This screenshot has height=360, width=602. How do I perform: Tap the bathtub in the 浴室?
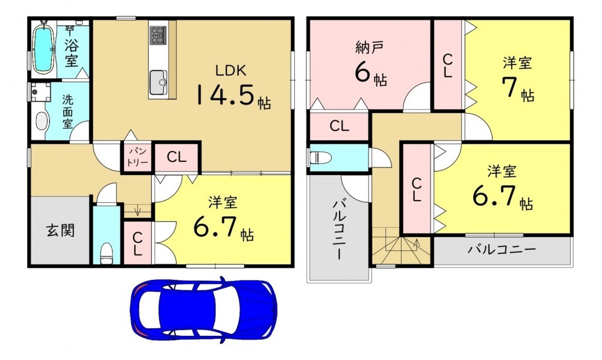[43, 48]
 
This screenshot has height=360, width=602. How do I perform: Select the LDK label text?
[231, 70]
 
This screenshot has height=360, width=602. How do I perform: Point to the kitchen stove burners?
[158, 35]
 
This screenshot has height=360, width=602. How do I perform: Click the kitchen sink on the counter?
[158, 82]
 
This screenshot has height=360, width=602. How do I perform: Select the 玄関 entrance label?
[60, 231]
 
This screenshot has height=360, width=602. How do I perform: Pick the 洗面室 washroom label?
[67, 112]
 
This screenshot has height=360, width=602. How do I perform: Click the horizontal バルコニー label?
[501, 250]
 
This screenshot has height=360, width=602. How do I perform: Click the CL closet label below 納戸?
[340, 126]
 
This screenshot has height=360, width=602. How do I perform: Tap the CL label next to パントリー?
[176, 157]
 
